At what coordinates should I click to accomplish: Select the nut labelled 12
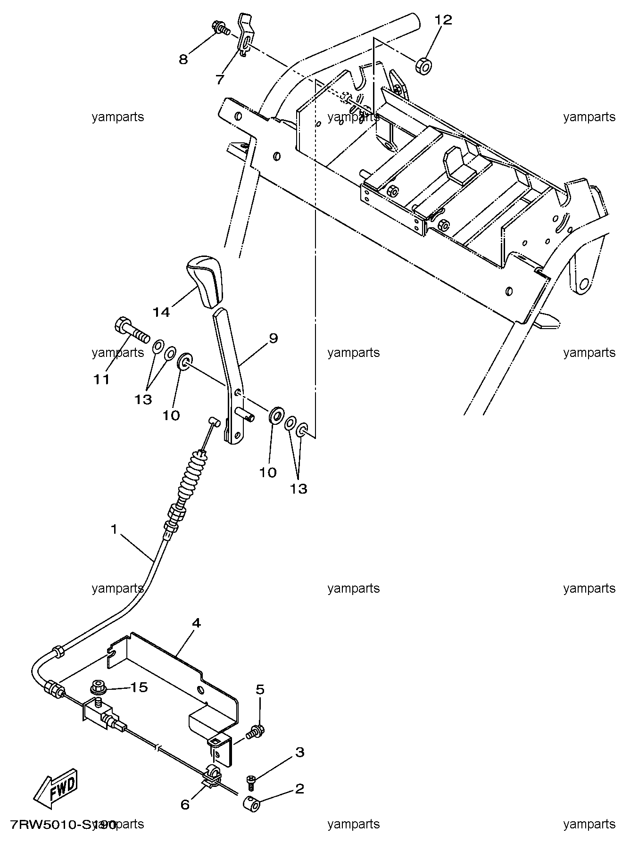tap(423, 66)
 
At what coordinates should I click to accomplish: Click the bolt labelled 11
tap(132, 330)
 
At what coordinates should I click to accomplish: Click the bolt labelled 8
tap(220, 28)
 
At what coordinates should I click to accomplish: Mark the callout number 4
tap(197, 623)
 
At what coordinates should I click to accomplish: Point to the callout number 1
tap(114, 529)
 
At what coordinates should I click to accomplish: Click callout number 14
tap(161, 312)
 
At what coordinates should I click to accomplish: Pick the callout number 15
tap(139, 687)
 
